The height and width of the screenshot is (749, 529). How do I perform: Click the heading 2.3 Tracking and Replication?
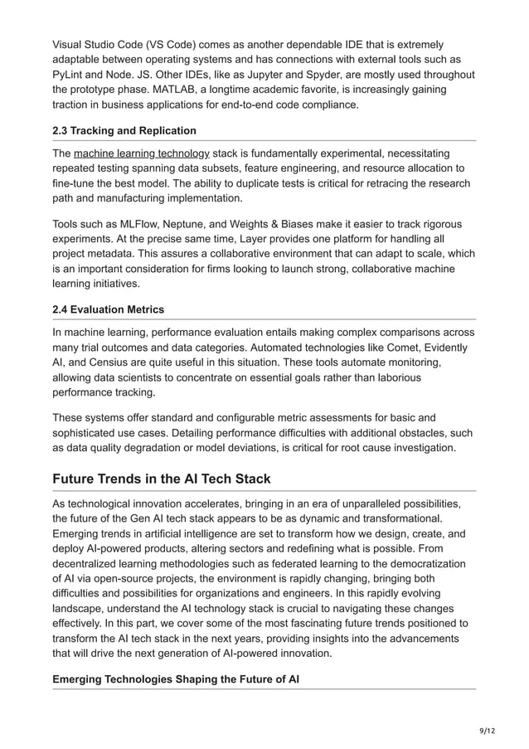124,130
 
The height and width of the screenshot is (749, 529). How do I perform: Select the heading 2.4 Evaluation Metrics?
108,309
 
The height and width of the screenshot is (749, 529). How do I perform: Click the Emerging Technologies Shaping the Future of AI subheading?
176,679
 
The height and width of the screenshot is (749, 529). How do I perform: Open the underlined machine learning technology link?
142,153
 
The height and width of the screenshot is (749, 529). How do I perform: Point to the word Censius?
107,364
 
